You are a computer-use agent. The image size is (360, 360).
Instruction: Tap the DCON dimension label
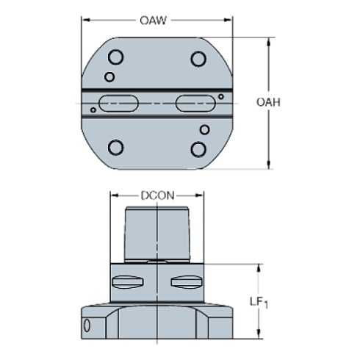click(156, 196)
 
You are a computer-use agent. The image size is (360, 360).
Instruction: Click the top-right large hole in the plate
click(198, 58)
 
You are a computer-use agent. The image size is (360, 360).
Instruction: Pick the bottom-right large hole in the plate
click(198, 148)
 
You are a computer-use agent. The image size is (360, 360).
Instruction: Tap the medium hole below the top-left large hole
click(109, 76)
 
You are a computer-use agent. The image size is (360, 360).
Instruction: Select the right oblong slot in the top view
click(193, 104)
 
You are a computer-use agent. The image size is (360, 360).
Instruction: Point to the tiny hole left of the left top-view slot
click(93, 111)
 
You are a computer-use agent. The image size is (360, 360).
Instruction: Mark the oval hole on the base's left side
click(87, 325)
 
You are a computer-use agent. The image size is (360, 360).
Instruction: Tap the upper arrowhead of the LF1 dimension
click(259, 267)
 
